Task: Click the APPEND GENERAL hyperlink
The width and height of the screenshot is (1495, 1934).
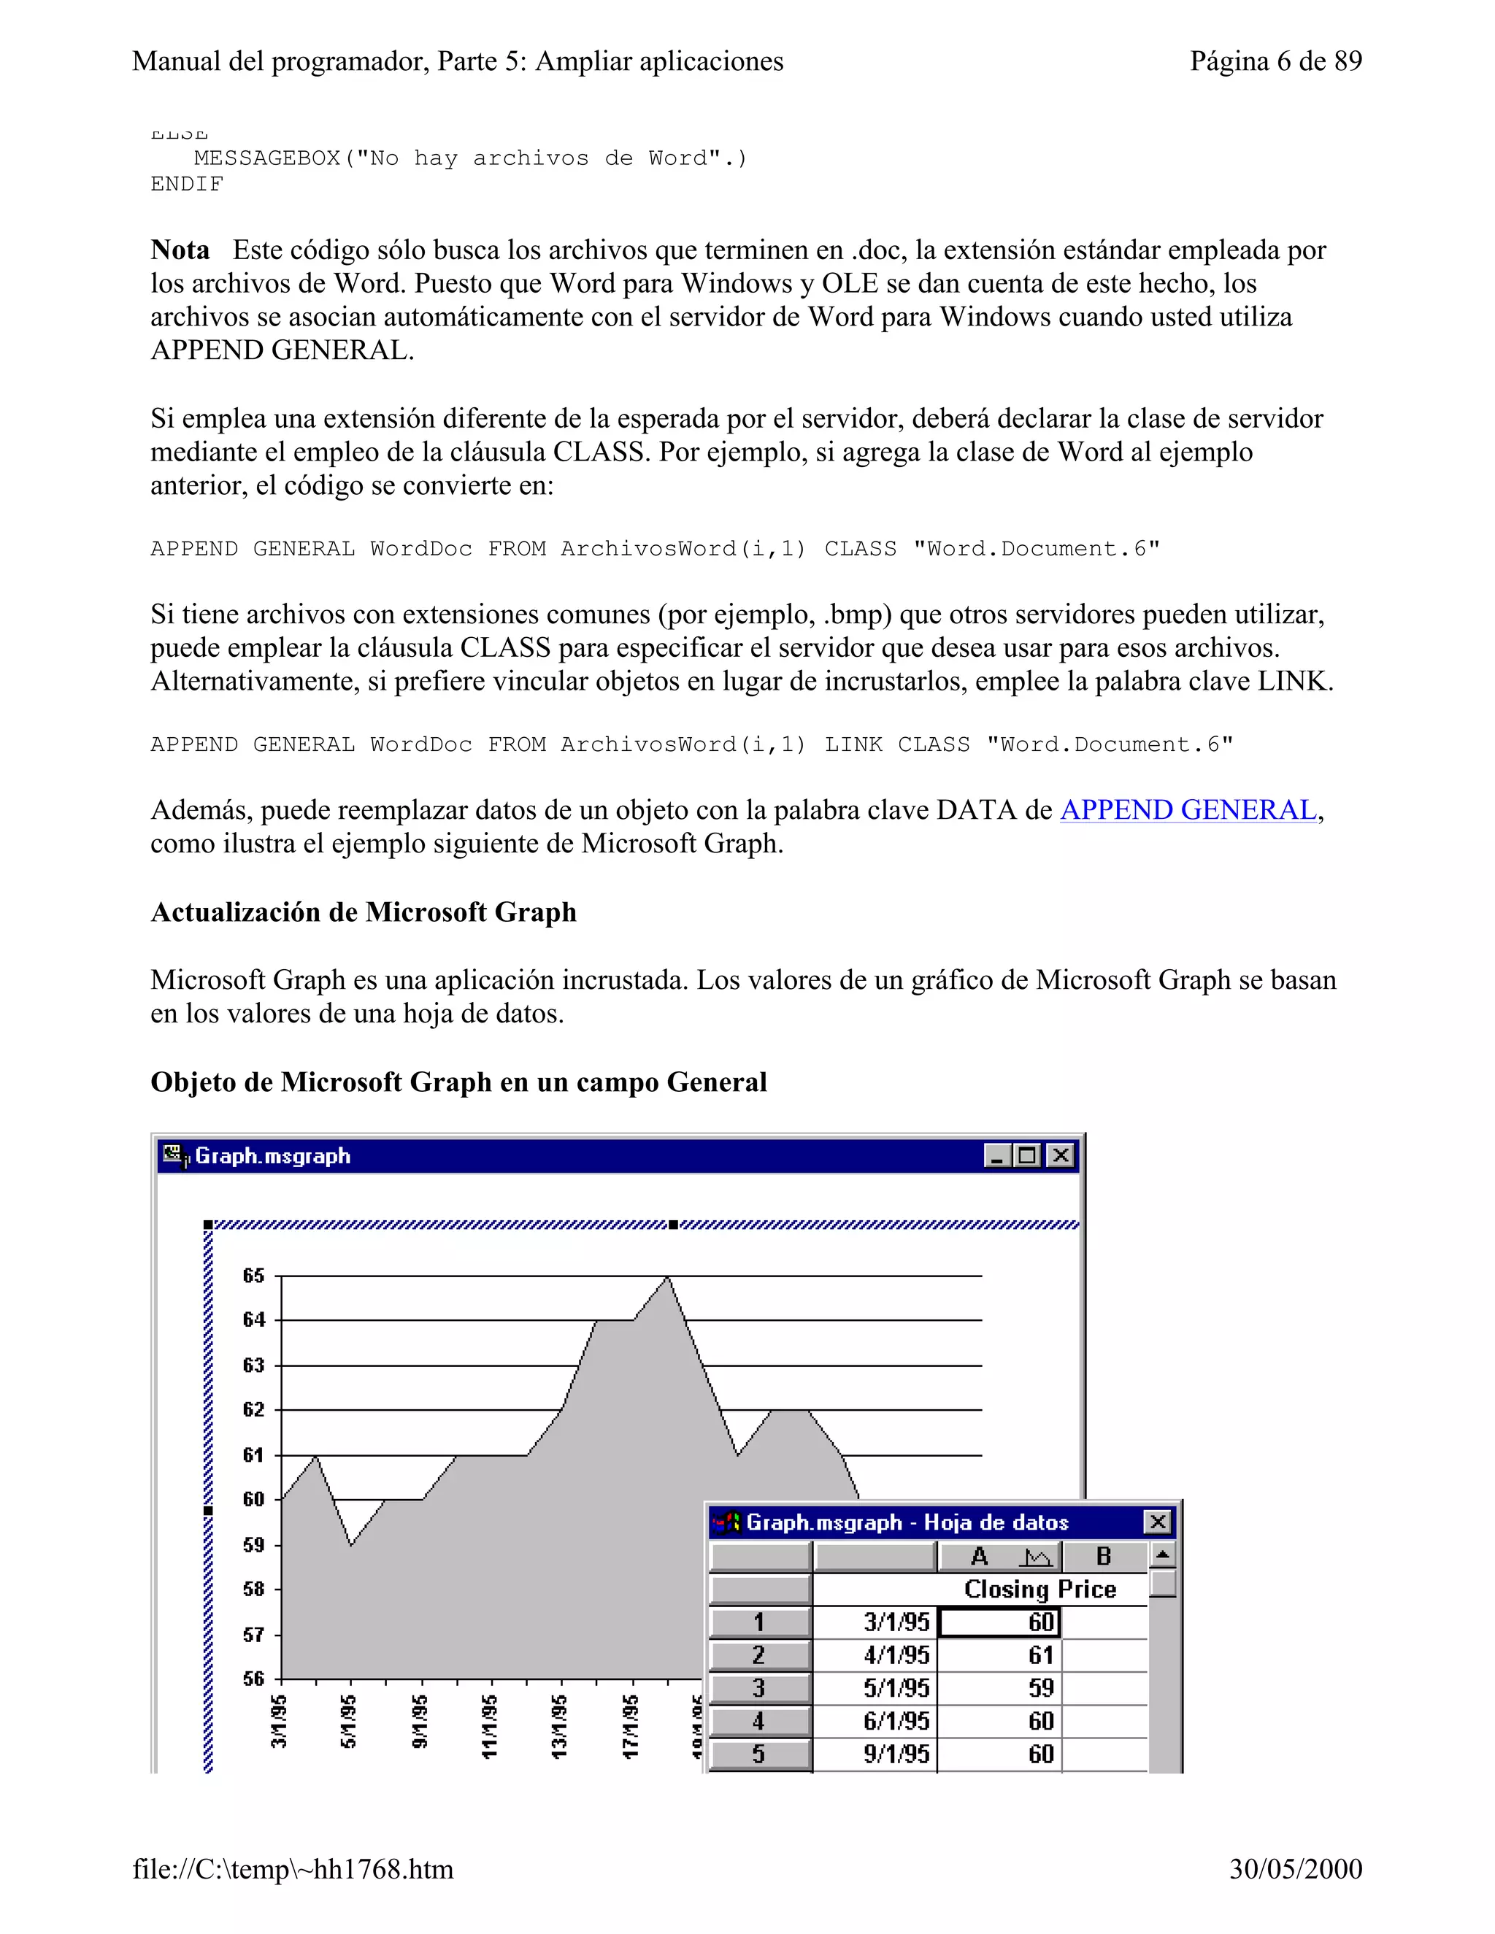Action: point(1188,810)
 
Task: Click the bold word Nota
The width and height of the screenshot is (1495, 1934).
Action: point(180,250)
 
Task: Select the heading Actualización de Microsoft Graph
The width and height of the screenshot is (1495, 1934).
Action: point(363,912)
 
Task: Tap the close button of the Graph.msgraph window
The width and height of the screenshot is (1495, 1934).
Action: point(1060,1155)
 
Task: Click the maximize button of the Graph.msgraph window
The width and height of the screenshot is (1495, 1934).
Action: point(1027,1155)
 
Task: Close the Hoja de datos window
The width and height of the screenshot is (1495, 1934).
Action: point(1157,1522)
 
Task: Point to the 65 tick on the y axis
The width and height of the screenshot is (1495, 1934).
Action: point(253,1276)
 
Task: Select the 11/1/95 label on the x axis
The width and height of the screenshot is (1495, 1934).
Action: point(490,1726)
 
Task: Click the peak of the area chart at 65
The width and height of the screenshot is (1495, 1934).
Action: point(668,1278)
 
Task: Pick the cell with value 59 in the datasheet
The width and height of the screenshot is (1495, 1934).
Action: point(1041,1688)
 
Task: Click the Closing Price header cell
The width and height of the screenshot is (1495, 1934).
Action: point(1039,1590)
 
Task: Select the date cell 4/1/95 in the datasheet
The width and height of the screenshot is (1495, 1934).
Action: point(896,1655)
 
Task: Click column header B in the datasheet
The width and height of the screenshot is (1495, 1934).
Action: point(1103,1556)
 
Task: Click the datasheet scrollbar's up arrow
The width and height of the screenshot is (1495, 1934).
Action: point(1163,1555)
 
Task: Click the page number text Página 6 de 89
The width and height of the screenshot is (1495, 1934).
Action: point(1275,61)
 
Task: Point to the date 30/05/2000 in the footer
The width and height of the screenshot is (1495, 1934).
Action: point(1295,1868)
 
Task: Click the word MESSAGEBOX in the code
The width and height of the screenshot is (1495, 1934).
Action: point(266,158)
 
